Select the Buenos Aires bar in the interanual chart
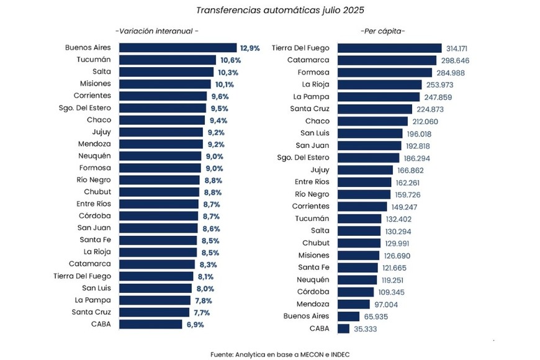click(x=178, y=48)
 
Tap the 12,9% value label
click(x=250, y=48)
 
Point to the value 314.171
click(x=461, y=48)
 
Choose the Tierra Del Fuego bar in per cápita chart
click(x=389, y=48)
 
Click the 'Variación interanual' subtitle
click(x=157, y=30)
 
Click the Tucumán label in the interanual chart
click(x=94, y=60)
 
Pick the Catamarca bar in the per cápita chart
click(x=387, y=60)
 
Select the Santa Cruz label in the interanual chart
click(x=91, y=312)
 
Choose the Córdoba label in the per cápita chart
click(x=312, y=292)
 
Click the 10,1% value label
click(x=226, y=84)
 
